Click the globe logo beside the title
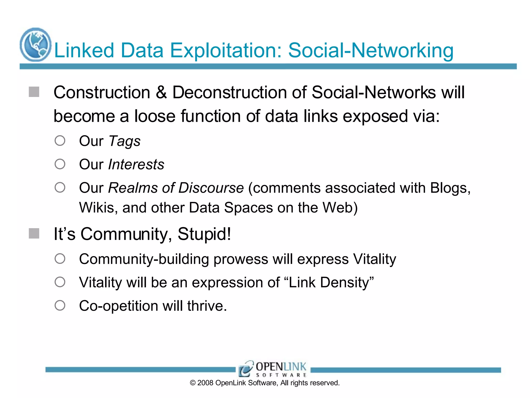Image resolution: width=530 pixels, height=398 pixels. (x=35, y=45)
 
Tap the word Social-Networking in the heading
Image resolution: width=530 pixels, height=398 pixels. (x=371, y=50)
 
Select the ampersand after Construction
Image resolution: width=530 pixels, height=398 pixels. (x=161, y=93)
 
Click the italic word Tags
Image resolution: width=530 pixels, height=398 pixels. (x=124, y=141)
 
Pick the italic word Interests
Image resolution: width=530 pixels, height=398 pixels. (x=136, y=165)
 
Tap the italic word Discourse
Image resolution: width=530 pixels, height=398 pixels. (x=211, y=188)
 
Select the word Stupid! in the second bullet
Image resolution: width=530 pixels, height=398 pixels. (x=204, y=234)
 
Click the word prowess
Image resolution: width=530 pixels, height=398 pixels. (x=241, y=259)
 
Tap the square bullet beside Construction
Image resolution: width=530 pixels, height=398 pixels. (x=34, y=92)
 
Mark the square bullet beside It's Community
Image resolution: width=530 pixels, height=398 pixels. (x=34, y=233)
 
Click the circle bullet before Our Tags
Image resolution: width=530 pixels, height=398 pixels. (x=60, y=141)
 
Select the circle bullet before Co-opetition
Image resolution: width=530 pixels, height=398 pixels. (x=60, y=305)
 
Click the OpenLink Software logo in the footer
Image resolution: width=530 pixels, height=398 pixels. (x=273, y=369)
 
